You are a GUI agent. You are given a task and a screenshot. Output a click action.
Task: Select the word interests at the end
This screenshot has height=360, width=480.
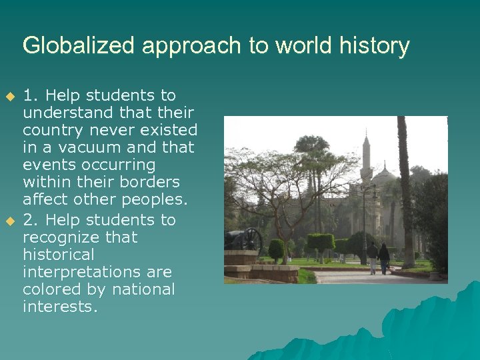(60, 307)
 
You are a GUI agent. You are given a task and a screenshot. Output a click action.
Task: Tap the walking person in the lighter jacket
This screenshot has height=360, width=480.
(372, 257)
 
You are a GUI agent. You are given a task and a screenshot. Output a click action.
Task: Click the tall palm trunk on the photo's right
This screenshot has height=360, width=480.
(405, 193)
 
